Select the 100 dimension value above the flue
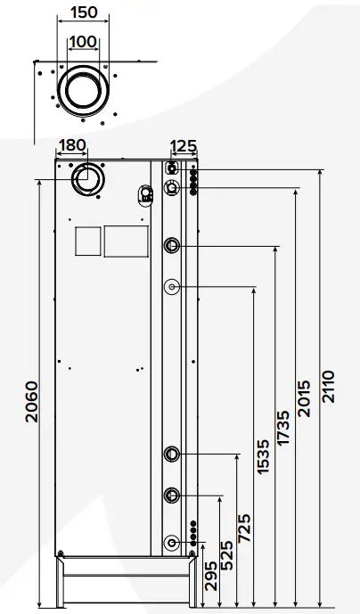(x=84, y=42)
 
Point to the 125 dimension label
(x=183, y=145)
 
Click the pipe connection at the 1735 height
(x=172, y=245)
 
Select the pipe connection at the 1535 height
(x=172, y=287)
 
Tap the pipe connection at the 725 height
(x=172, y=454)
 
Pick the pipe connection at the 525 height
(x=172, y=495)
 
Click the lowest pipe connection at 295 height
(x=172, y=541)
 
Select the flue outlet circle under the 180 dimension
(x=89, y=179)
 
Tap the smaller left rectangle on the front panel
(x=86, y=240)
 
